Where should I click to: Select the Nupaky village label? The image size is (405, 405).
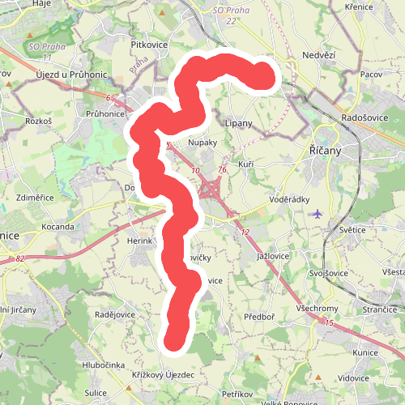click(202, 142)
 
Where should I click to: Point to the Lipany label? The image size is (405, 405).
click(239, 123)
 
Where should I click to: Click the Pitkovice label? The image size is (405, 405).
click(148, 37)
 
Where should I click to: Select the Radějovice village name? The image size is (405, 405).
click(114, 314)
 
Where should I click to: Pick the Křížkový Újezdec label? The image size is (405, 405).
click(163, 375)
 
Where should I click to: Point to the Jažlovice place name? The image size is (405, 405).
click(273, 255)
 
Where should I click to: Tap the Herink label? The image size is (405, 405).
click(140, 241)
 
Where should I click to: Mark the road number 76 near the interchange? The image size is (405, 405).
click(222, 170)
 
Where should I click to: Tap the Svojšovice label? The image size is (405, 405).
click(328, 273)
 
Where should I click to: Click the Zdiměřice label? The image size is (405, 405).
click(35, 198)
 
